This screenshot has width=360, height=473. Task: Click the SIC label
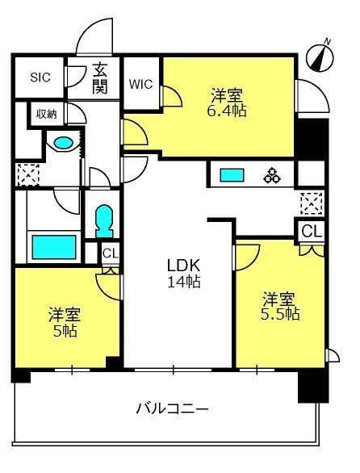click(40, 77)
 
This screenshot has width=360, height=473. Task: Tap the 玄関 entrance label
click(100, 78)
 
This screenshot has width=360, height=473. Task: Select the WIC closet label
click(140, 84)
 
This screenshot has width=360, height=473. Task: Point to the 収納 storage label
click(47, 114)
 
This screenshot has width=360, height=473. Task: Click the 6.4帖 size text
click(227, 111)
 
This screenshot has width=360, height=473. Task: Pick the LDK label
click(184, 266)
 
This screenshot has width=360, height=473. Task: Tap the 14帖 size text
click(184, 282)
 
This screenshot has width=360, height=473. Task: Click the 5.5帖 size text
click(280, 314)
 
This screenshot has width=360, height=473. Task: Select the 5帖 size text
click(65, 331)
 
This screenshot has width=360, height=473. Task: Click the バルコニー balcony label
click(172, 409)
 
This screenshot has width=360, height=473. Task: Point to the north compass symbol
click(320, 57)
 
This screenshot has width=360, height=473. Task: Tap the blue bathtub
click(54, 247)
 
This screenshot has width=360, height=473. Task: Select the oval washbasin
click(64, 142)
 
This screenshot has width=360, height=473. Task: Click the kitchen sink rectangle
click(232, 175)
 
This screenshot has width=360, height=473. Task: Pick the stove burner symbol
click(272, 175)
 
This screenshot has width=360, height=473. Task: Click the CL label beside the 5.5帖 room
click(312, 232)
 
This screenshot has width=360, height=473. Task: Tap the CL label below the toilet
click(111, 253)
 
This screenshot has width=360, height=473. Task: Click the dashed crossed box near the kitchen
click(312, 203)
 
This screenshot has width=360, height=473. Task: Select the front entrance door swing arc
click(90, 29)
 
